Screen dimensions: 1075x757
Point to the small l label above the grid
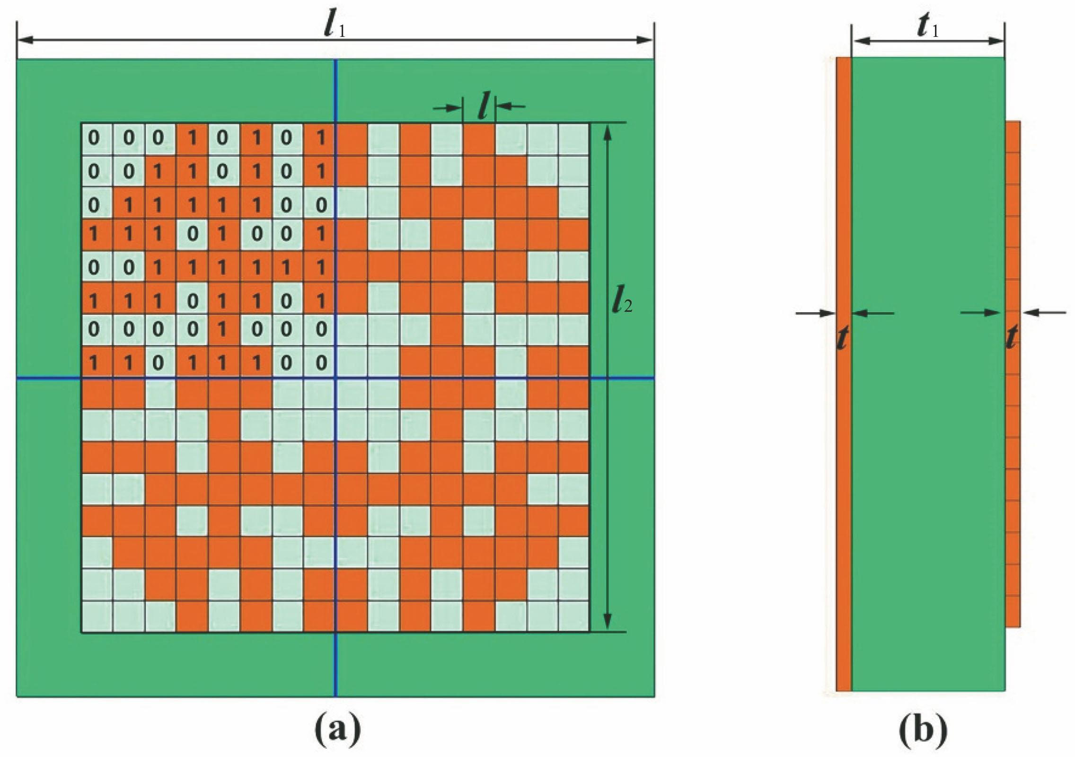point(483,107)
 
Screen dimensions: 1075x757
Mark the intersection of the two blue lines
point(335,378)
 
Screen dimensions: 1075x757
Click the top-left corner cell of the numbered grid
point(97,138)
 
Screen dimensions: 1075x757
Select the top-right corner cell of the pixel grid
point(574,138)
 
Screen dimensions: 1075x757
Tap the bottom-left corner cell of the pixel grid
point(97,616)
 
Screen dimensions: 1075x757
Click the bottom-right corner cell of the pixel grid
point(574,616)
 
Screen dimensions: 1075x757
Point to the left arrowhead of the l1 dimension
point(25,40)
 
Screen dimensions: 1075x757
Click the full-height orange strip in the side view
point(844,374)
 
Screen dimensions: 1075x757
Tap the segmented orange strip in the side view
point(1013,374)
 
